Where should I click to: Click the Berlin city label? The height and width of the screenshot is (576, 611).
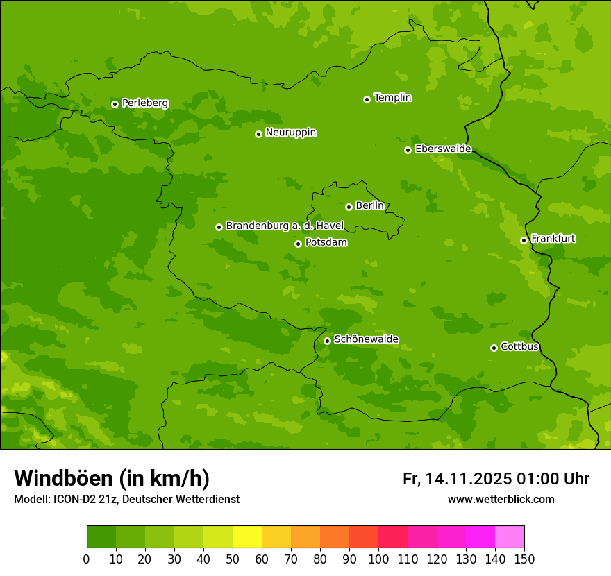(369, 206)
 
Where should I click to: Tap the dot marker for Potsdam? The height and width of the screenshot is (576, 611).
(298, 244)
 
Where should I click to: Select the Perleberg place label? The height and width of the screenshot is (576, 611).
(144, 103)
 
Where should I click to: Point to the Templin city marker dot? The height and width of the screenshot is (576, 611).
(367, 99)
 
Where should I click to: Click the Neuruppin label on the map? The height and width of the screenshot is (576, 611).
(290, 133)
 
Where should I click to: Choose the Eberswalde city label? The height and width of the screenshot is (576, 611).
(443, 149)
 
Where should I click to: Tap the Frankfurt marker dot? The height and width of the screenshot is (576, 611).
(524, 240)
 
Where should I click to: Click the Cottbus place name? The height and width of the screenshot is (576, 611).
(519, 347)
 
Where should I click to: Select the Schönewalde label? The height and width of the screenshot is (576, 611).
(366, 339)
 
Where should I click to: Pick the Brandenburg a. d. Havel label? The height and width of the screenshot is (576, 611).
(285, 226)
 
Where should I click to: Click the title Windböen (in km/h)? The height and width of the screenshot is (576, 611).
(112, 478)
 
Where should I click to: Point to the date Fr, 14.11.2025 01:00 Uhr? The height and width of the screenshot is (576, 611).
(496, 479)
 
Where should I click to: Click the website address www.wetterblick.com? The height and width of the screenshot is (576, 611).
(501, 499)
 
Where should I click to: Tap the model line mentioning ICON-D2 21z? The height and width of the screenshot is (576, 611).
(126, 499)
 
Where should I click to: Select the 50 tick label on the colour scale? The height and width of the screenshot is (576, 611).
(233, 559)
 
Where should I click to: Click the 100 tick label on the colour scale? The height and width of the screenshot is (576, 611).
(378, 559)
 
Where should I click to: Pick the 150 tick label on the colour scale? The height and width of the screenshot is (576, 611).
(524, 559)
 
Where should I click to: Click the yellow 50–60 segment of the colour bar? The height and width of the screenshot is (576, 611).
(247, 537)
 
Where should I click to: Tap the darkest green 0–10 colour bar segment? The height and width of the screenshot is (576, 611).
(101, 537)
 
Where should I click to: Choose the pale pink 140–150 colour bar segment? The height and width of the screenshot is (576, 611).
(510, 537)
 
